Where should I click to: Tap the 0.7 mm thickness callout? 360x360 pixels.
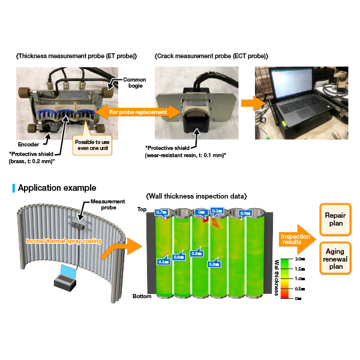click(161, 212)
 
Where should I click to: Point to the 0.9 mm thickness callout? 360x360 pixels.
click(244, 213)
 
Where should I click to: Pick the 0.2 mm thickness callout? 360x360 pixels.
click(217, 212)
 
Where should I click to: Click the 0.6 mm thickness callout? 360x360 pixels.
click(163, 262)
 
